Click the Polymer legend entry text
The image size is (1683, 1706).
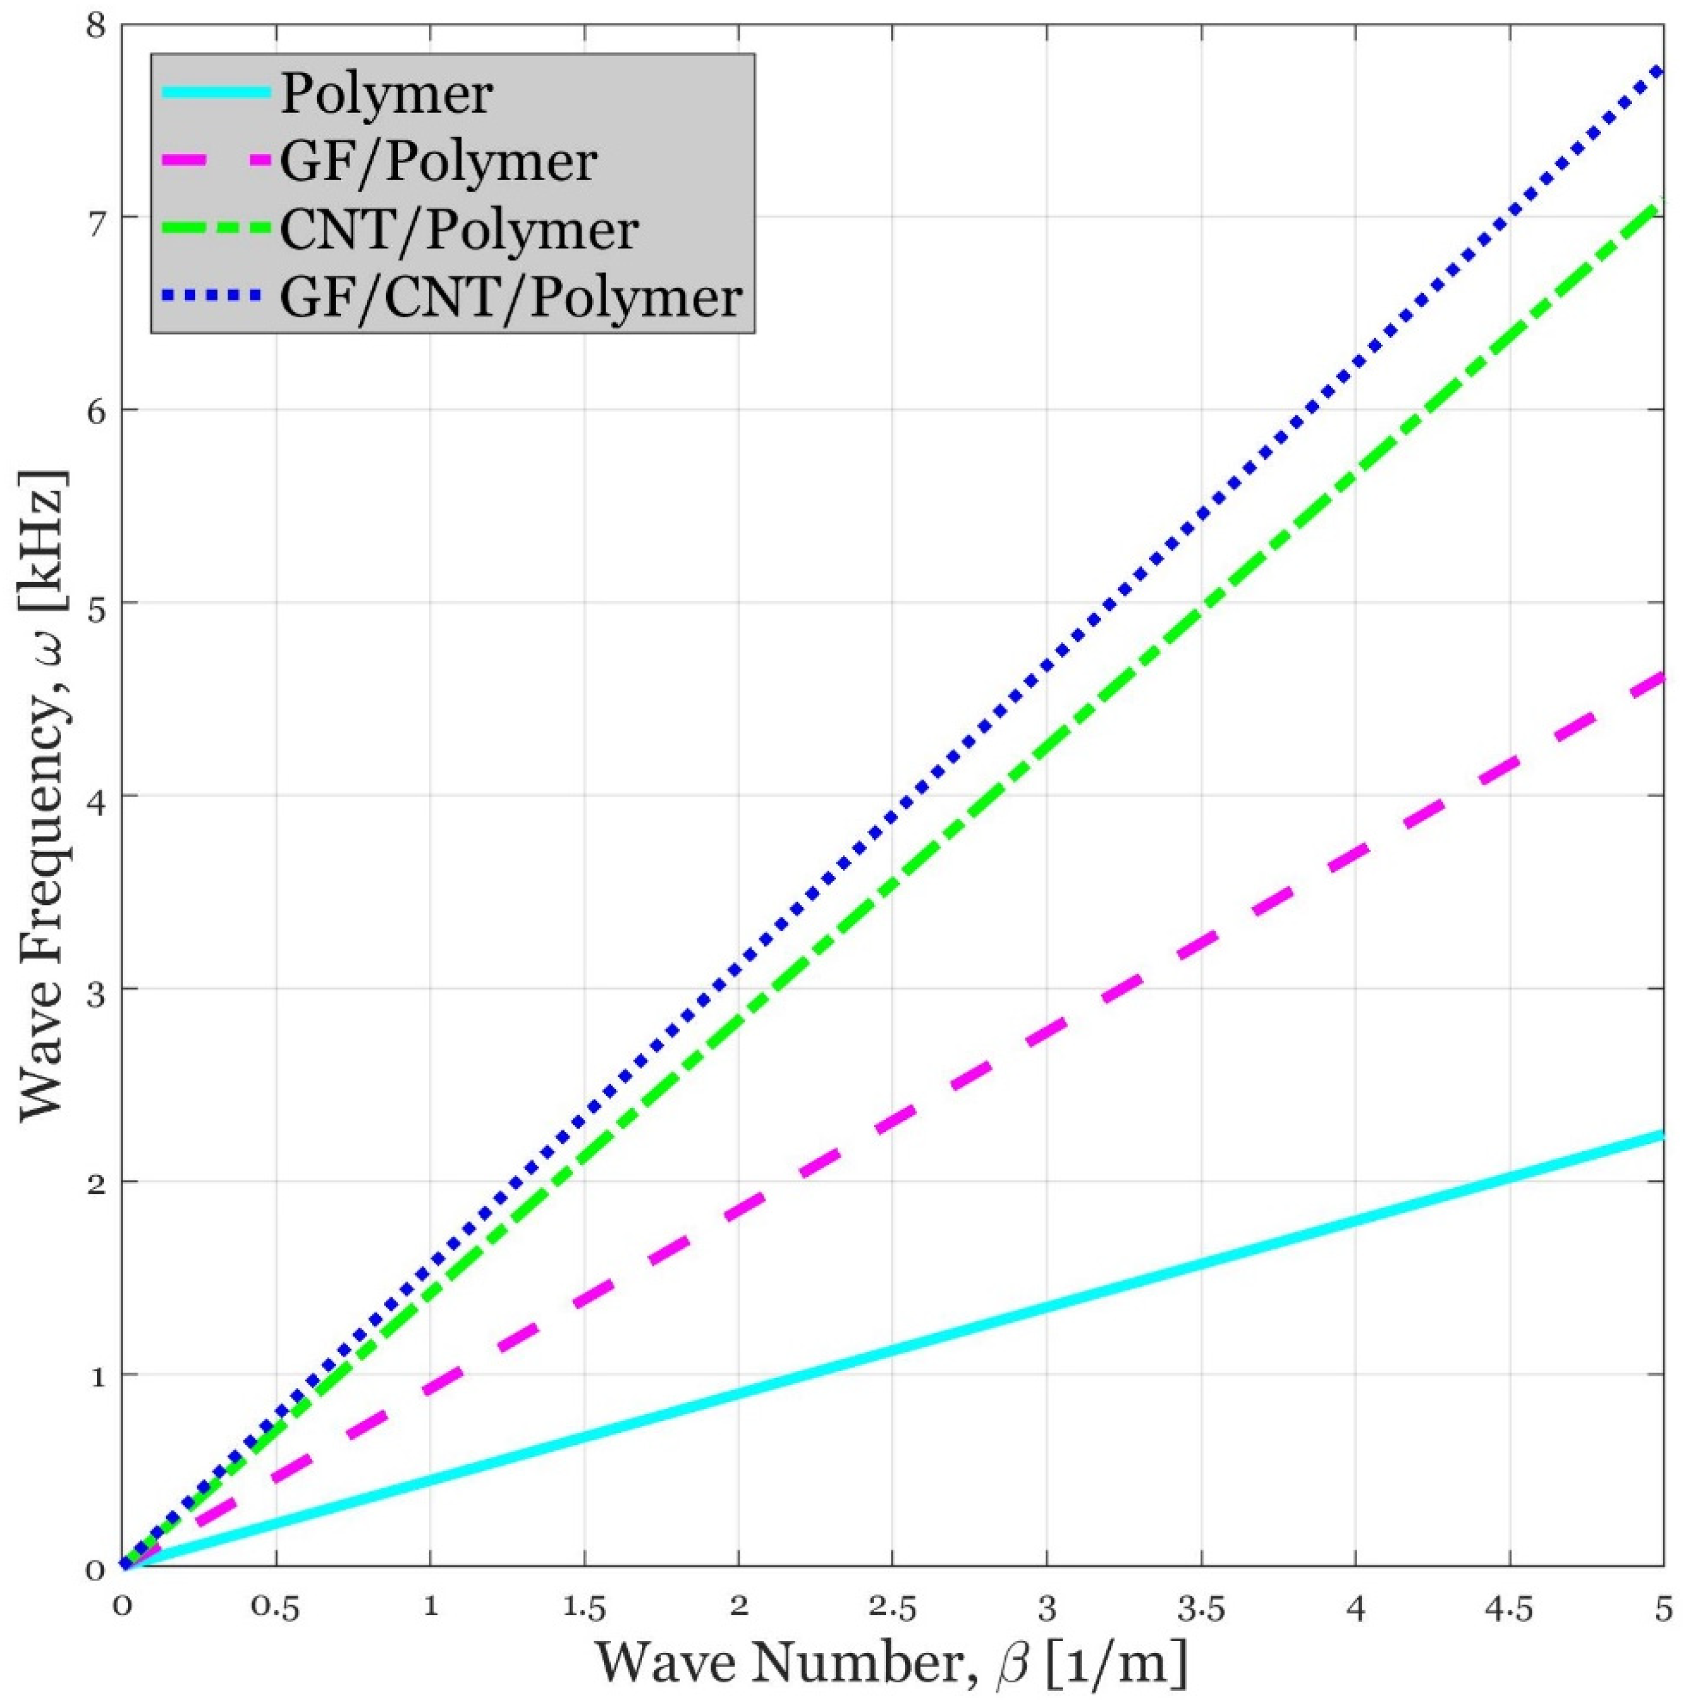click(386, 95)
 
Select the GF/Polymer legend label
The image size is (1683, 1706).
click(439, 163)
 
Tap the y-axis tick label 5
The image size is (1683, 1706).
click(97, 603)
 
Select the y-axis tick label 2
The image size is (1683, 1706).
click(97, 1181)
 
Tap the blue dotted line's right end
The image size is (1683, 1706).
click(1661, 71)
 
